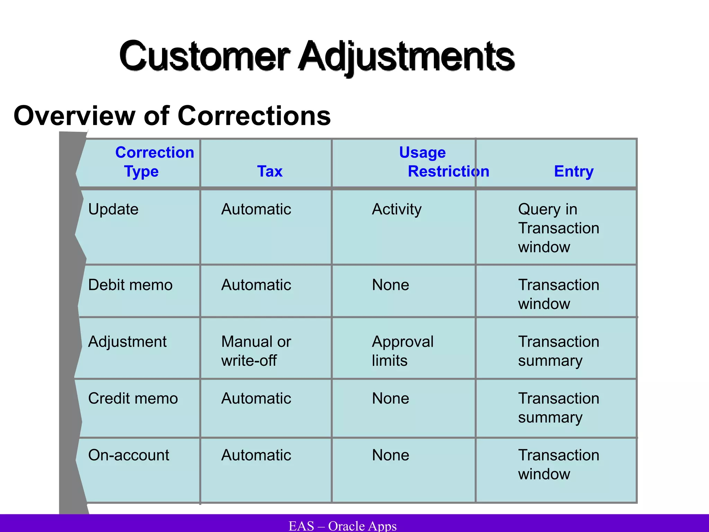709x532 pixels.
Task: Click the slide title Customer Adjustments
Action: tap(317, 56)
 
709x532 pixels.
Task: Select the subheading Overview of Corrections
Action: tap(172, 116)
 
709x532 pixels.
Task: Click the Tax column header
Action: tap(270, 171)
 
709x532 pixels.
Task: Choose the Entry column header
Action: tap(574, 171)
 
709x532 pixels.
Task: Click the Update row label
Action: tap(113, 209)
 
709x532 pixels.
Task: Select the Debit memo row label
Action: tap(130, 285)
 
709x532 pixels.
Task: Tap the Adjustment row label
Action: tap(127, 342)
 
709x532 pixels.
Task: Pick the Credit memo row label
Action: tap(133, 399)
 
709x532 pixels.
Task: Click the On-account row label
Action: tap(128, 455)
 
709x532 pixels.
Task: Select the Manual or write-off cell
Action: tap(256, 351)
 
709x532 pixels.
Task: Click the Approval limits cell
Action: tap(402, 351)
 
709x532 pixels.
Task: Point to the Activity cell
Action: tap(397, 209)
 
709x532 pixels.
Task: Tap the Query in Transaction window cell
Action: tap(558, 228)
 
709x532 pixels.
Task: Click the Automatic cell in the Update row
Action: tap(256, 209)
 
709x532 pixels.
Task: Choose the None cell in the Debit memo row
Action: tap(391, 285)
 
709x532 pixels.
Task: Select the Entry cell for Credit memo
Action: tap(558, 408)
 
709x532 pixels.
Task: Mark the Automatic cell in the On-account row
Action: tap(256, 455)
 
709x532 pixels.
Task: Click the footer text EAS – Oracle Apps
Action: tap(342, 526)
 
